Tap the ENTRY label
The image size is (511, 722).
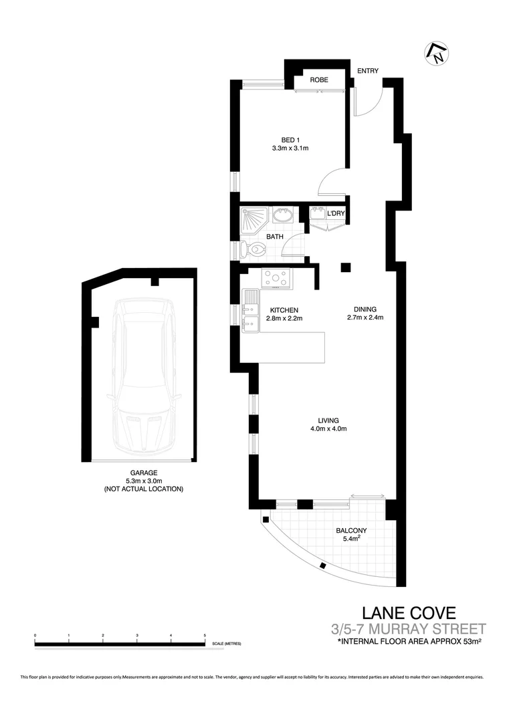coord(368,71)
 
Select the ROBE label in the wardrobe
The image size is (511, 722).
coord(319,80)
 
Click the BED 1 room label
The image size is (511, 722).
coord(290,139)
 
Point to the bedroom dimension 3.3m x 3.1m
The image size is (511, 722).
coord(290,148)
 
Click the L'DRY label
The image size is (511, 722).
coord(334,214)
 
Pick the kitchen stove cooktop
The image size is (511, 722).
coord(276,277)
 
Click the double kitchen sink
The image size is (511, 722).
coord(250,311)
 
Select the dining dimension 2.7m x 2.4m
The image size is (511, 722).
coord(365,318)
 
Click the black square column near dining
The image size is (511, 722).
coord(345,268)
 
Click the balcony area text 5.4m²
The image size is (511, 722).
coord(351,540)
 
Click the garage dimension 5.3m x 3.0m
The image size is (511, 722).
coord(143,481)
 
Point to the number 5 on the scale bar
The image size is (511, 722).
coord(205,634)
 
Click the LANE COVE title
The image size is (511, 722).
coord(409,612)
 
